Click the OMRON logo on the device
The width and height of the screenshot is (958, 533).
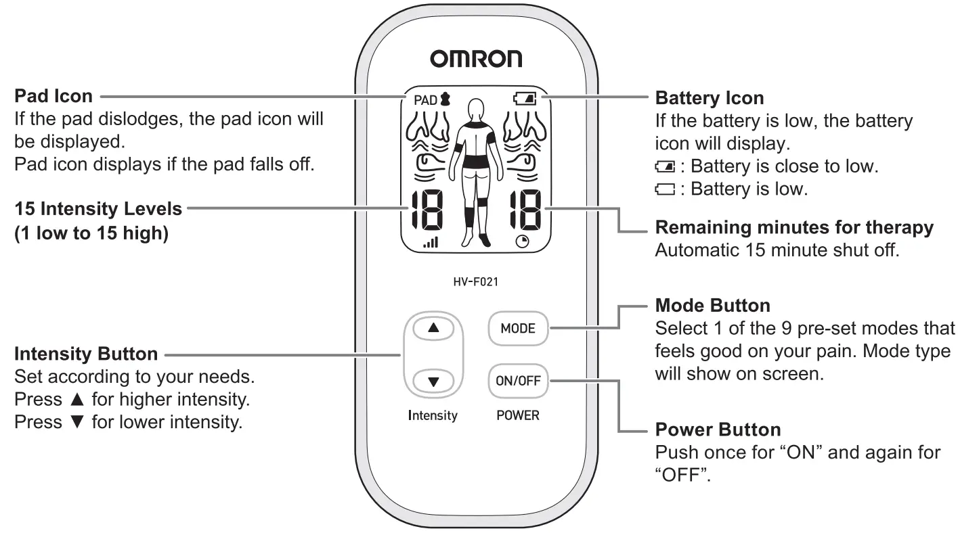tap(477, 59)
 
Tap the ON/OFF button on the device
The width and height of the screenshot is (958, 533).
tap(519, 380)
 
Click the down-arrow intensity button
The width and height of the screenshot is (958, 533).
tap(434, 380)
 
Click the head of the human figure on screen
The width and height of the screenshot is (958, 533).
tap(477, 109)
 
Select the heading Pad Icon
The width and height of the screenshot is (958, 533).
tap(53, 96)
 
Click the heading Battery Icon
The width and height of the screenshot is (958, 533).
tap(710, 98)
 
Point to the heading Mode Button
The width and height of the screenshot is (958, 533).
tap(713, 305)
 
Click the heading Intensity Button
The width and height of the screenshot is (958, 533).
tap(86, 353)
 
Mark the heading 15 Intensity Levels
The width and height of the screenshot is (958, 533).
tap(99, 208)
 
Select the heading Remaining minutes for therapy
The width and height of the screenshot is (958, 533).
tap(794, 228)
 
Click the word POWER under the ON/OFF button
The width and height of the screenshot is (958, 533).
tap(518, 415)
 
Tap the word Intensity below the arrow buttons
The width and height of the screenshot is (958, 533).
tap(433, 415)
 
